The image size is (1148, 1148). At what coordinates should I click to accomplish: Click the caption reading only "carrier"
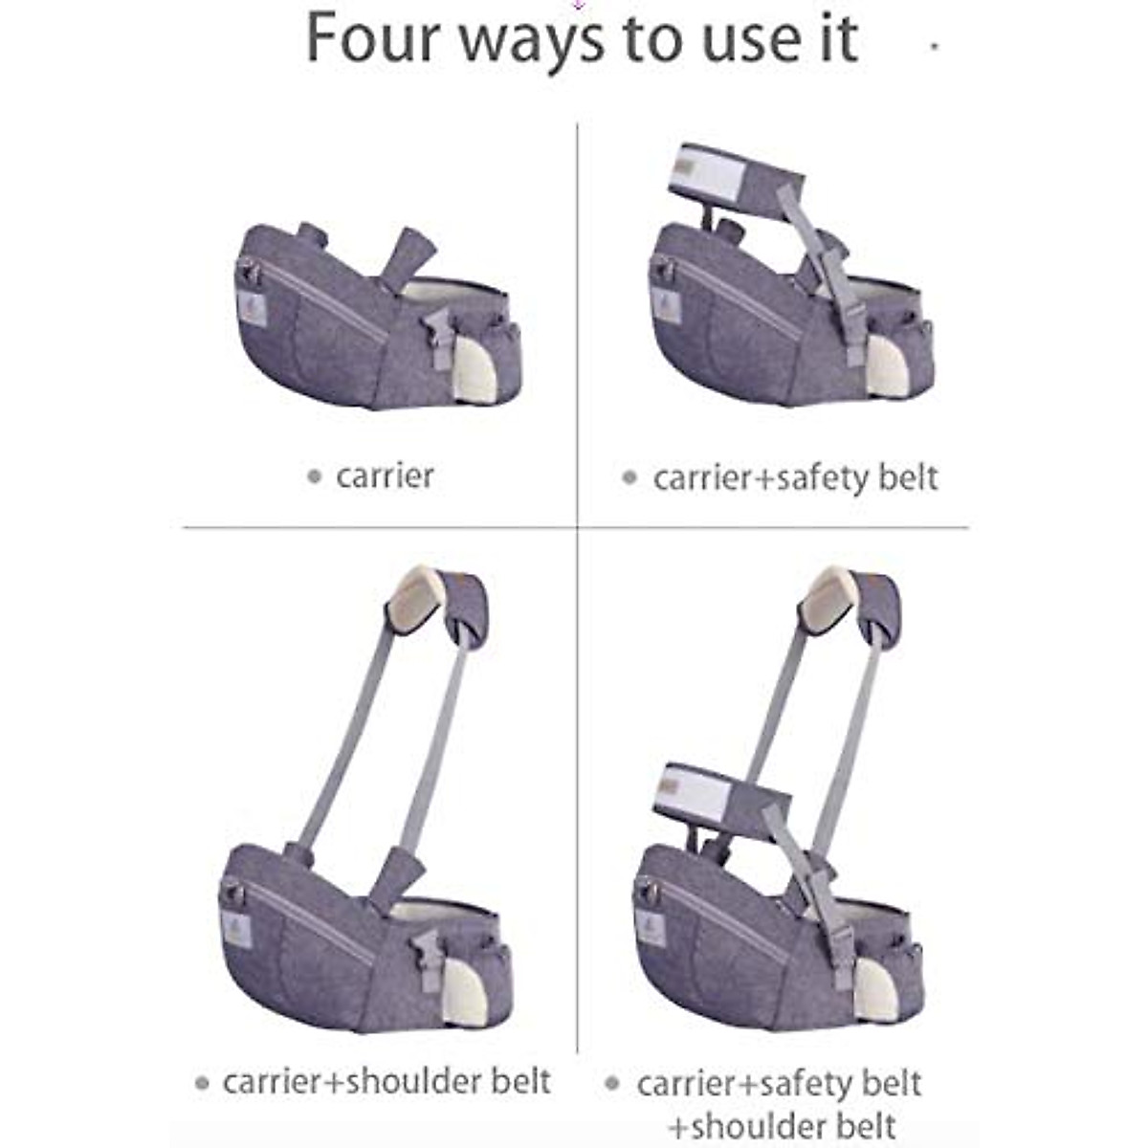385,475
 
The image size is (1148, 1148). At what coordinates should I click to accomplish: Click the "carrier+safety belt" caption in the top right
795,476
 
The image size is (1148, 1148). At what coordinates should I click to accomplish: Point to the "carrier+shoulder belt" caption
386,1081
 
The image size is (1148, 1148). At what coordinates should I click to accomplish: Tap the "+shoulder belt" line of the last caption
783,1125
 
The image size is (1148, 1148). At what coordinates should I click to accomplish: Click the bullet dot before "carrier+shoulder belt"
202,1084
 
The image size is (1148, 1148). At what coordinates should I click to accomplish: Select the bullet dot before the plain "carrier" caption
314,476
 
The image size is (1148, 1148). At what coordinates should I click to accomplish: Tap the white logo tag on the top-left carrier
251,308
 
